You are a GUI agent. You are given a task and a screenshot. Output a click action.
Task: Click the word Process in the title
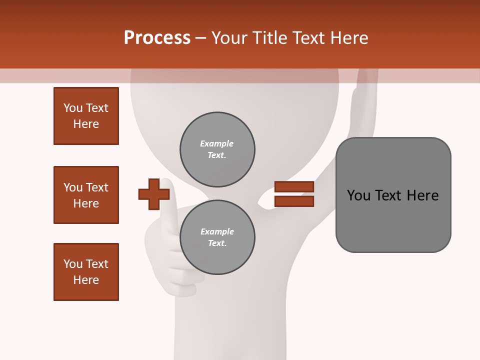tap(157, 38)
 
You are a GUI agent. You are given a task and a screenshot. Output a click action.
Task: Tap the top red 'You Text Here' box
tap(86, 116)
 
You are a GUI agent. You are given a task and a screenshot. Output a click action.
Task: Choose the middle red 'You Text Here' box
tap(86, 195)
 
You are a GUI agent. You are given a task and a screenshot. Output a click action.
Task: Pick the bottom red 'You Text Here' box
tap(86, 272)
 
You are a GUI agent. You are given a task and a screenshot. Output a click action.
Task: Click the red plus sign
tap(154, 194)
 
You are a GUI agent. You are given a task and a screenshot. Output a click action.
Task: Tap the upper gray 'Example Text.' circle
tap(217, 149)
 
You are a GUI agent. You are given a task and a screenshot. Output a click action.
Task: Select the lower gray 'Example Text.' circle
tap(217, 237)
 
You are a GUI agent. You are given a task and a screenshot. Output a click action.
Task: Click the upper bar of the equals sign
tap(294, 186)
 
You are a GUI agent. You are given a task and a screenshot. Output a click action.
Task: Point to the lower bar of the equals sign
tap(294, 201)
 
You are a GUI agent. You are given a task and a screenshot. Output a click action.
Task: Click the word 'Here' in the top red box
tap(86, 124)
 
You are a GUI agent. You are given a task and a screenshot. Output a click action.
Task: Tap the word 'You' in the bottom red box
tap(73, 264)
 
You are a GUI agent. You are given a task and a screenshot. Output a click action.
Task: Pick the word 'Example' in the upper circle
tap(217, 143)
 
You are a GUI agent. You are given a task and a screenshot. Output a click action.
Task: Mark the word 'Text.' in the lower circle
tap(217, 243)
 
